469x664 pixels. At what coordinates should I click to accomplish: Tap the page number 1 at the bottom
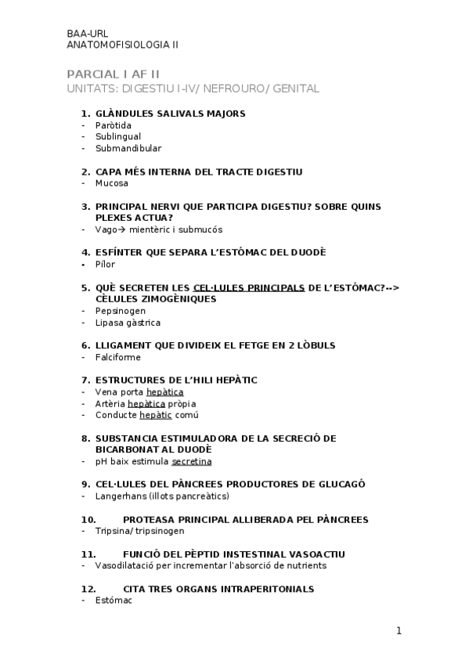[x=399, y=630]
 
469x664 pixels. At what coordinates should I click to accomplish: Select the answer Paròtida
[x=114, y=125]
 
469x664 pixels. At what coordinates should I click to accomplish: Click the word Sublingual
[x=118, y=136]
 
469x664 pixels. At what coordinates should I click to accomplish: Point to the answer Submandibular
[x=128, y=148]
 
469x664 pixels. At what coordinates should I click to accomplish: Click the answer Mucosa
[x=111, y=183]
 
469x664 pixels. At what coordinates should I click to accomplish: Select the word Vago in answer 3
[x=105, y=229]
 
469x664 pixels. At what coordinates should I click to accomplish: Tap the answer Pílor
[x=105, y=264]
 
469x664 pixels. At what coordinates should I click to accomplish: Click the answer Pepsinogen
[x=121, y=311]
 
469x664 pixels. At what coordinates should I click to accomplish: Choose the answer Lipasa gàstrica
[x=128, y=322]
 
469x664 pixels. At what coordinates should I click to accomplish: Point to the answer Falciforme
[x=118, y=357]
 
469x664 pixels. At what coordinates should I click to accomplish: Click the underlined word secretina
[x=192, y=461]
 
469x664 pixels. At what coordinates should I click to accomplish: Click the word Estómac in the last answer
[x=114, y=601]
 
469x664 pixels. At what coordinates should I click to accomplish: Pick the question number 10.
[x=88, y=519]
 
